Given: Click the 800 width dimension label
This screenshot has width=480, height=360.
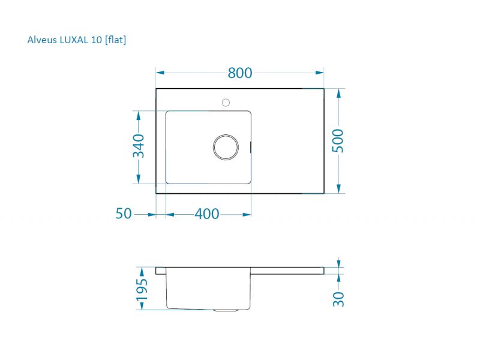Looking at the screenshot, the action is (x=239, y=73).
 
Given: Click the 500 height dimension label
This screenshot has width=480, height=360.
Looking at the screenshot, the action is (x=338, y=140).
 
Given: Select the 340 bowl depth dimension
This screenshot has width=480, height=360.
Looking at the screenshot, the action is (x=139, y=146).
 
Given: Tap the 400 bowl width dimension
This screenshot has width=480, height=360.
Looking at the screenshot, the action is (x=207, y=214).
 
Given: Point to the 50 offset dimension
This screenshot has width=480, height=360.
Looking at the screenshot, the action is (x=124, y=214).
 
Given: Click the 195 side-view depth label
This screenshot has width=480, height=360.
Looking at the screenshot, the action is (x=142, y=290).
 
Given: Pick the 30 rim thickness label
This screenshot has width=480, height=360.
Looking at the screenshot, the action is (x=338, y=299).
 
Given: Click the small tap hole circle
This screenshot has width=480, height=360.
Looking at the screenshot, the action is (x=226, y=103).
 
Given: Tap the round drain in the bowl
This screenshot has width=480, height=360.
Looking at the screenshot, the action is (x=226, y=147).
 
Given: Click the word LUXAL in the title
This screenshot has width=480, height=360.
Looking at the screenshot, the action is (x=73, y=40).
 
